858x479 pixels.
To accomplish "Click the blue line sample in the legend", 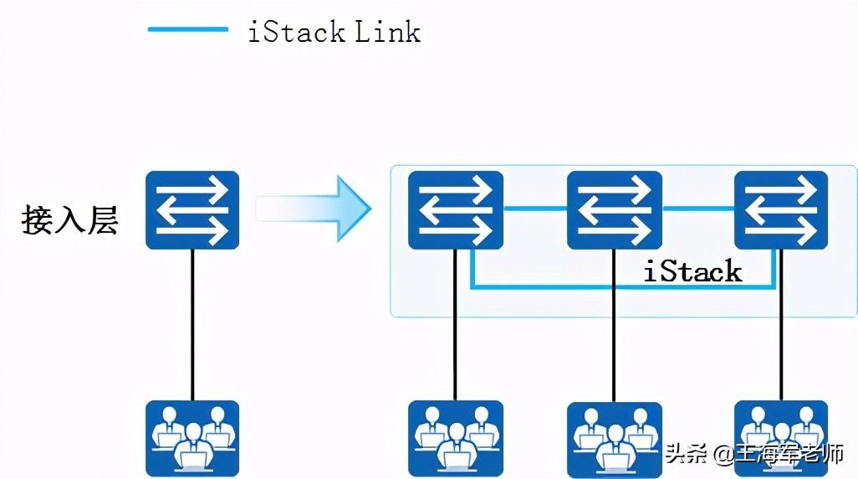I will coord(187,30).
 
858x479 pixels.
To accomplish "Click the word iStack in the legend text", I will coord(296,32).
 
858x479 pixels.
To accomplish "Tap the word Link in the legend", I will coord(387,32).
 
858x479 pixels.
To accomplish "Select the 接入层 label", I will coord(70,219).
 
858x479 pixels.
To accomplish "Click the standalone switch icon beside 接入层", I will coord(192,210).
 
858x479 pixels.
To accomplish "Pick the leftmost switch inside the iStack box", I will coord(455,210).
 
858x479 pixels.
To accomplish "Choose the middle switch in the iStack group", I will coord(614,210).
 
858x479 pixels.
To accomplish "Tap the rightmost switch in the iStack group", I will coord(780,210).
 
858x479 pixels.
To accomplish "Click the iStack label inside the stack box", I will coord(692,271).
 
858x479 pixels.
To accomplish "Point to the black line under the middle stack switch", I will coord(614,352).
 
